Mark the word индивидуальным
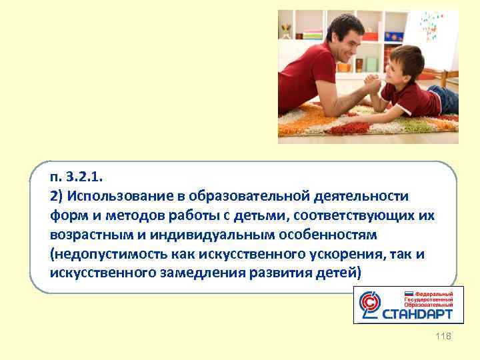pos(200,235)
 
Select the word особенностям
pos(320,235)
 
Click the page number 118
pos(443,337)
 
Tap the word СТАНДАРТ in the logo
pos(418,313)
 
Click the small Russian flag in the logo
pos(409,294)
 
